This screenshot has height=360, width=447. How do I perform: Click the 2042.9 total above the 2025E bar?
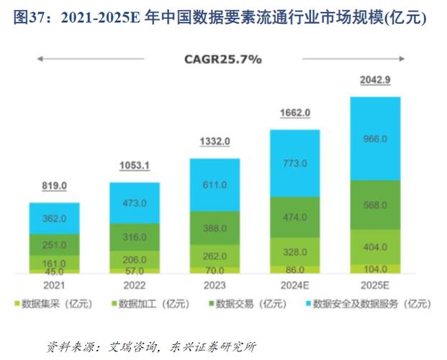click(x=374, y=81)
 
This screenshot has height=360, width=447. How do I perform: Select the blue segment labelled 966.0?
click(x=374, y=138)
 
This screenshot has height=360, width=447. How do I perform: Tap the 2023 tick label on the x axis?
click(x=214, y=284)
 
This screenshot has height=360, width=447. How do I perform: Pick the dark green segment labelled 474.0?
click(x=294, y=217)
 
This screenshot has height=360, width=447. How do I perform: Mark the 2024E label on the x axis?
click(x=294, y=284)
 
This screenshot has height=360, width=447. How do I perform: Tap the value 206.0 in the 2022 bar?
click(x=133, y=258)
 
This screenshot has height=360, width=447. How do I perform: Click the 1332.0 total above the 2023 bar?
click(x=214, y=140)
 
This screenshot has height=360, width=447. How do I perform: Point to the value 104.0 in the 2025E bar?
click(x=374, y=267)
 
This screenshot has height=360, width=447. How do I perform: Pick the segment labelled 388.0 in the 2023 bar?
click(x=214, y=228)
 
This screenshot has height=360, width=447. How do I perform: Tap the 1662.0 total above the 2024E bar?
click(x=294, y=112)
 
